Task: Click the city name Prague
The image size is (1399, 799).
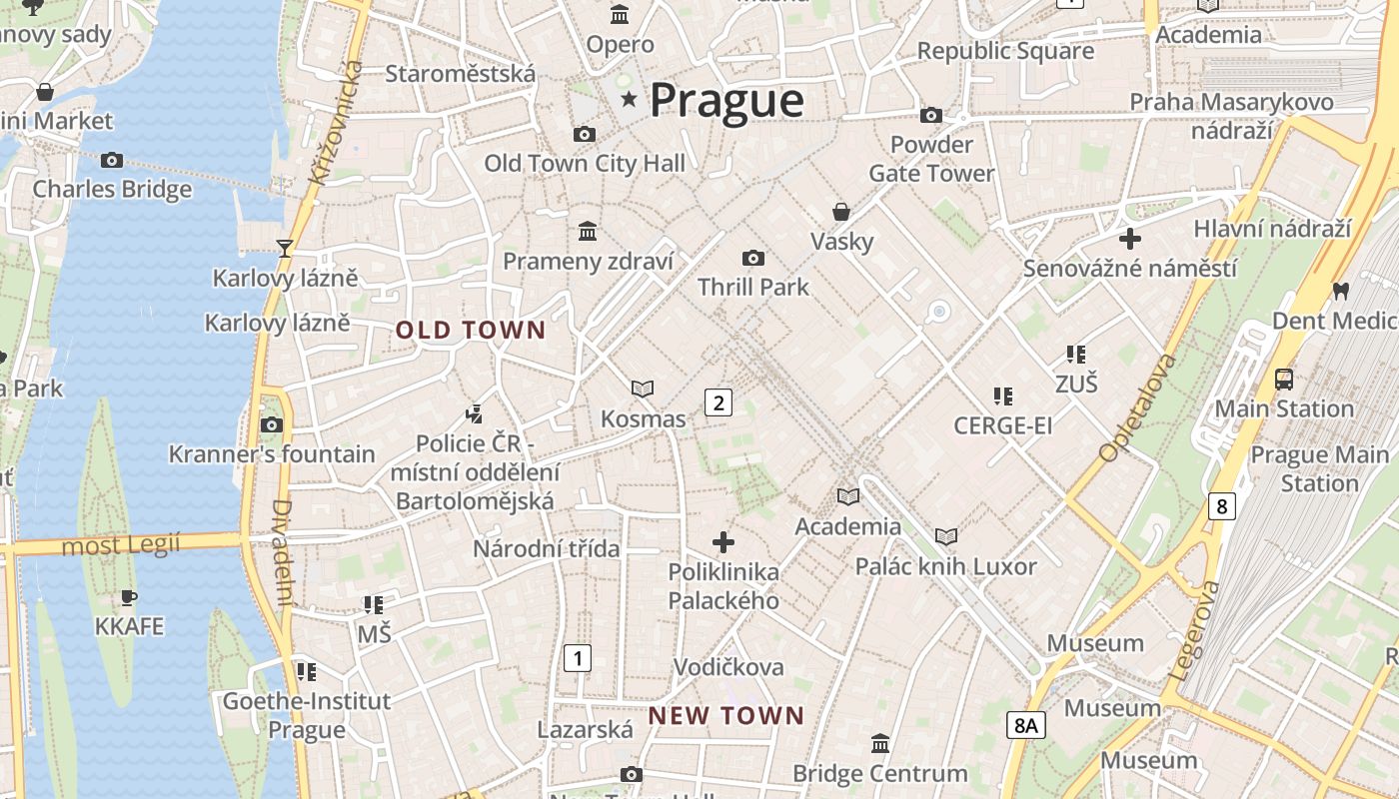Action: click(x=726, y=100)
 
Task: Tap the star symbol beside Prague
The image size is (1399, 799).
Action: click(x=629, y=99)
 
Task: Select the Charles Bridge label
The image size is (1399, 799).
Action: click(x=112, y=189)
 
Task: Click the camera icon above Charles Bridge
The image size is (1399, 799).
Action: click(x=112, y=160)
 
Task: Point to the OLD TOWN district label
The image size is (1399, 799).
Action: click(x=471, y=330)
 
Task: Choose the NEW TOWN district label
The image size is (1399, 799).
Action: click(x=725, y=715)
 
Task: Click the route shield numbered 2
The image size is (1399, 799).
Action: click(x=717, y=402)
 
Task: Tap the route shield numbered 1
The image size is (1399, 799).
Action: click(x=577, y=658)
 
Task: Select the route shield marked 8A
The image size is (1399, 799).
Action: click(x=1025, y=724)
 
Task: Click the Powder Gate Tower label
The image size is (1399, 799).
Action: click(x=931, y=159)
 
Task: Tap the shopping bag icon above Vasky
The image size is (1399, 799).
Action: click(x=841, y=212)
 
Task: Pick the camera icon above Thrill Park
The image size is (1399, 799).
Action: click(x=753, y=259)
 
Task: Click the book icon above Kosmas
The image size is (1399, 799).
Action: click(x=643, y=389)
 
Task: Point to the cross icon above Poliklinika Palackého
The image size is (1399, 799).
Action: click(x=722, y=542)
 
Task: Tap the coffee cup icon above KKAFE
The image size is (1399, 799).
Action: click(x=129, y=597)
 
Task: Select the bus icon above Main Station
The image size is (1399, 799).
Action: click(x=1283, y=380)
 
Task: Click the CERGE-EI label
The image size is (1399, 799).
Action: click(x=1002, y=426)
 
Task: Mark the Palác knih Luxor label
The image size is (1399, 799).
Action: click(x=945, y=566)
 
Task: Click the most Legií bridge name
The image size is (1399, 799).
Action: click(x=121, y=545)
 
